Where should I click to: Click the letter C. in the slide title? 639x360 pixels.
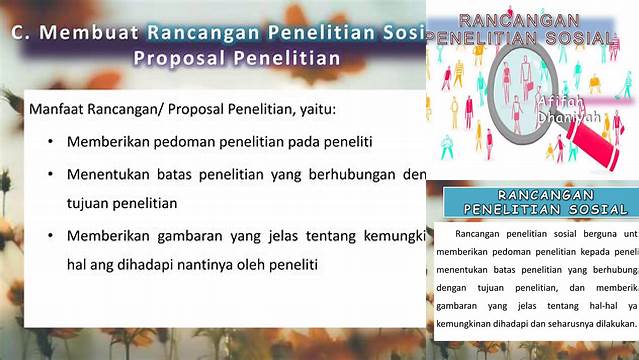tap(23, 32)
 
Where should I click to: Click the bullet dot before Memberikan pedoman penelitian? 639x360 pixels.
tap(51, 142)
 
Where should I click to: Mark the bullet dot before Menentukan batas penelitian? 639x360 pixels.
tap(51, 174)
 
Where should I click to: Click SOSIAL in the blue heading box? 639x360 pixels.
tap(599, 209)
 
